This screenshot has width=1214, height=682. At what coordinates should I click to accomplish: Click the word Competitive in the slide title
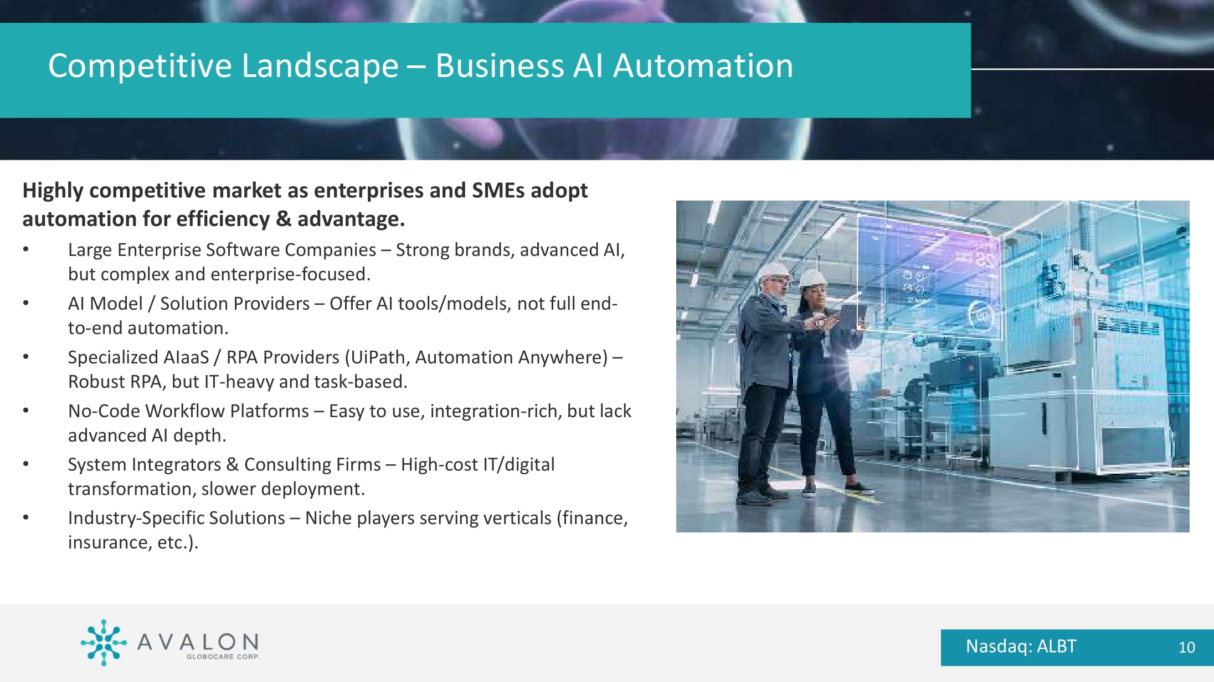point(140,66)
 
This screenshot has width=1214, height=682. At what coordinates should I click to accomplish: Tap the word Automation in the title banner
point(703,66)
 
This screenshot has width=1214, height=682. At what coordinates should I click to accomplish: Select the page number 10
point(1186,647)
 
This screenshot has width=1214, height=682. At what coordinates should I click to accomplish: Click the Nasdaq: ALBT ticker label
point(1021,646)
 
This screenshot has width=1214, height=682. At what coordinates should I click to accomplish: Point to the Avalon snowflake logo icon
point(104,642)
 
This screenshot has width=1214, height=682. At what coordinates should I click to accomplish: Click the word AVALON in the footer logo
point(198,642)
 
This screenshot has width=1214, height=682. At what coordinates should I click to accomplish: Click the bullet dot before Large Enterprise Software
point(25,250)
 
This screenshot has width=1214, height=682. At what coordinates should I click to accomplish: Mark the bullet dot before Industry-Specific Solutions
point(25,518)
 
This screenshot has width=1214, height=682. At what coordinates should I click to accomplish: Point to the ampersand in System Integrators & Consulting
point(233,464)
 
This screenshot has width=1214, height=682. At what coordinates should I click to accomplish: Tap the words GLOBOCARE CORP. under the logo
point(223,657)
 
